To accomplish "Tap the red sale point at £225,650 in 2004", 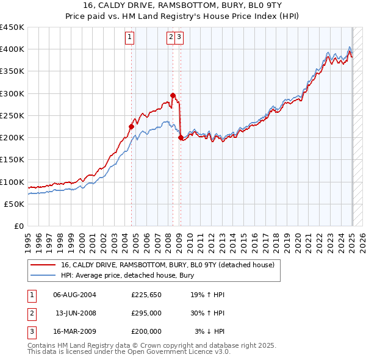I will point(131,126).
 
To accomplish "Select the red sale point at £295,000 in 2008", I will point(173,95).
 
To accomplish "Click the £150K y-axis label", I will point(12,160).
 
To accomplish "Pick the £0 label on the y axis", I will point(18,226).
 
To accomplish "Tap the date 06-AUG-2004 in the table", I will point(74,295).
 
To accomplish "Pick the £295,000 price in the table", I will point(146,313).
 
